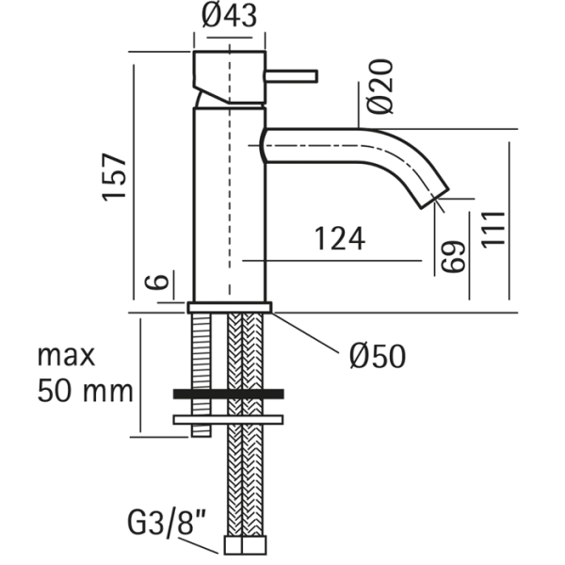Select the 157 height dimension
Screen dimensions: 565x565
[x=114, y=176]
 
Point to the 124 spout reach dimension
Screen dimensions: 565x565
[x=337, y=239]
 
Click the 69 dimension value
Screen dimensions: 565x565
[x=454, y=257]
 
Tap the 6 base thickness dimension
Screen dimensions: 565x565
[x=159, y=282]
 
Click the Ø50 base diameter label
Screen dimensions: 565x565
[x=377, y=355]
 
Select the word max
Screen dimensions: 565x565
[x=67, y=355]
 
